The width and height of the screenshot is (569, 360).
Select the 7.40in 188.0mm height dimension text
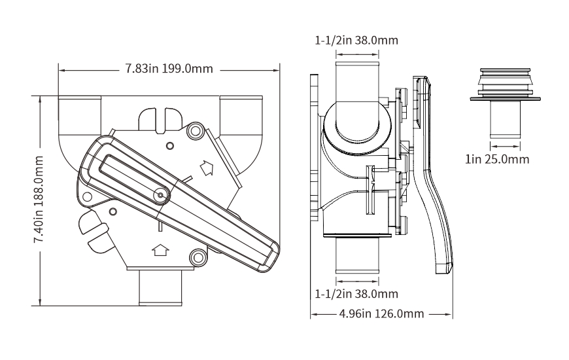(40, 201)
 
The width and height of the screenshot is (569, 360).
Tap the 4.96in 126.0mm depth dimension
(382, 314)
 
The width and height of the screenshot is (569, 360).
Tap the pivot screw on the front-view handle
(160, 194)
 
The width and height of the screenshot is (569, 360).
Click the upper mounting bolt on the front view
(194, 132)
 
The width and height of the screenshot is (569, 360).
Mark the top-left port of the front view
(79, 115)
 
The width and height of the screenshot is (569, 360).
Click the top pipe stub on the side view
(357, 82)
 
